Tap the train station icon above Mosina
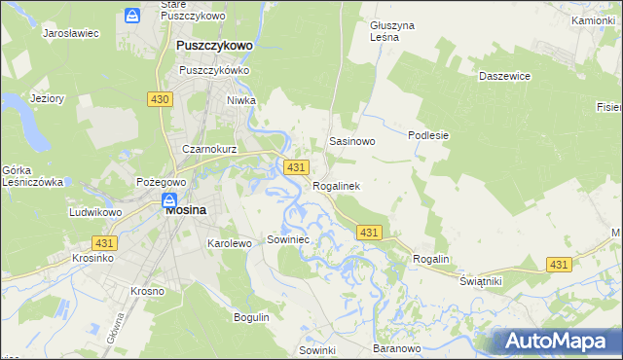click(x=167, y=200)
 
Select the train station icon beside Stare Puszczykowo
click(x=131, y=15)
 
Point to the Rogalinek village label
click(x=336, y=186)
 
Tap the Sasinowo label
click(x=352, y=141)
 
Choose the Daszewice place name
click(x=503, y=74)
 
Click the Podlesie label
click(x=428, y=135)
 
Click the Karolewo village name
click(x=230, y=243)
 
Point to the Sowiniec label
click(x=287, y=238)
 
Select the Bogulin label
click(x=251, y=317)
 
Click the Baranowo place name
click(x=396, y=347)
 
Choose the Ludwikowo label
click(x=94, y=212)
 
